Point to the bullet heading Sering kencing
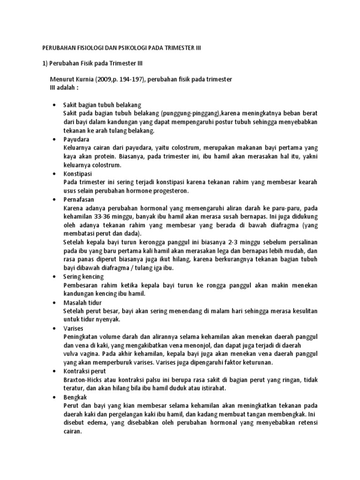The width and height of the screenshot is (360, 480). click(x=83, y=277)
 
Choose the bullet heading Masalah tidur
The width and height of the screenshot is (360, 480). click(x=83, y=303)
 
